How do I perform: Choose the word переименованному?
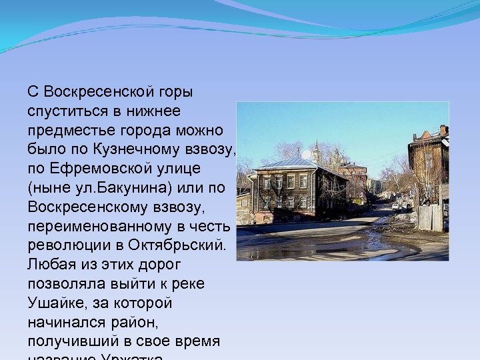(86, 225)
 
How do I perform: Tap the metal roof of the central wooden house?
(293, 163)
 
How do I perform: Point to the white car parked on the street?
(395, 207)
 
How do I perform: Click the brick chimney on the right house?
(443, 130)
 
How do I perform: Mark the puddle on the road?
(320, 250)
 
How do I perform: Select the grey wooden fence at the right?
(429, 217)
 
